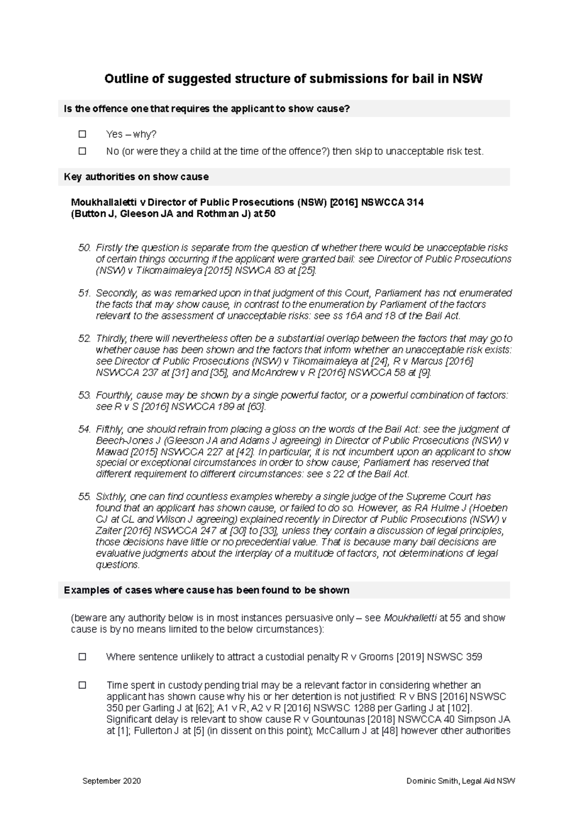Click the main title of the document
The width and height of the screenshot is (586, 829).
(x=293, y=79)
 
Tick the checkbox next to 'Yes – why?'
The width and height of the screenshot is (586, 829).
(x=82, y=134)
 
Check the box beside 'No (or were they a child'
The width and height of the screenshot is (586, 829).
(x=82, y=151)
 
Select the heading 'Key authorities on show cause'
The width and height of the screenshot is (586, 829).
(x=136, y=177)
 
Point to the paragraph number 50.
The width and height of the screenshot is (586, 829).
(x=84, y=248)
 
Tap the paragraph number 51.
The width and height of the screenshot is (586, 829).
(x=84, y=293)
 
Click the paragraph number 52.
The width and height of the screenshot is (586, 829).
(x=84, y=338)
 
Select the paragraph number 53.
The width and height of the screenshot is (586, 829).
(x=84, y=395)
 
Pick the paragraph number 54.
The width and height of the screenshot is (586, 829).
(x=84, y=429)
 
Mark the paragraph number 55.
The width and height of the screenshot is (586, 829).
(x=84, y=497)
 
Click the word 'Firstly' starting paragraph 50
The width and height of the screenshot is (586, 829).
(x=109, y=248)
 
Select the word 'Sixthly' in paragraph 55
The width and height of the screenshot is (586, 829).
(x=110, y=497)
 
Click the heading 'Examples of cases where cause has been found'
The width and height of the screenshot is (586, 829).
(x=207, y=590)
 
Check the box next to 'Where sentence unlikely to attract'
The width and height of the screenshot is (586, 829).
(x=82, y=657)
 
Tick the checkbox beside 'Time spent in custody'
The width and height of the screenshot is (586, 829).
(x=82, y=685)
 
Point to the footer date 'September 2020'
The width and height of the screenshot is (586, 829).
(x=112, y=781)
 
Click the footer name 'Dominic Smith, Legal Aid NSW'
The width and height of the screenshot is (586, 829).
(x=460, y=781)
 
